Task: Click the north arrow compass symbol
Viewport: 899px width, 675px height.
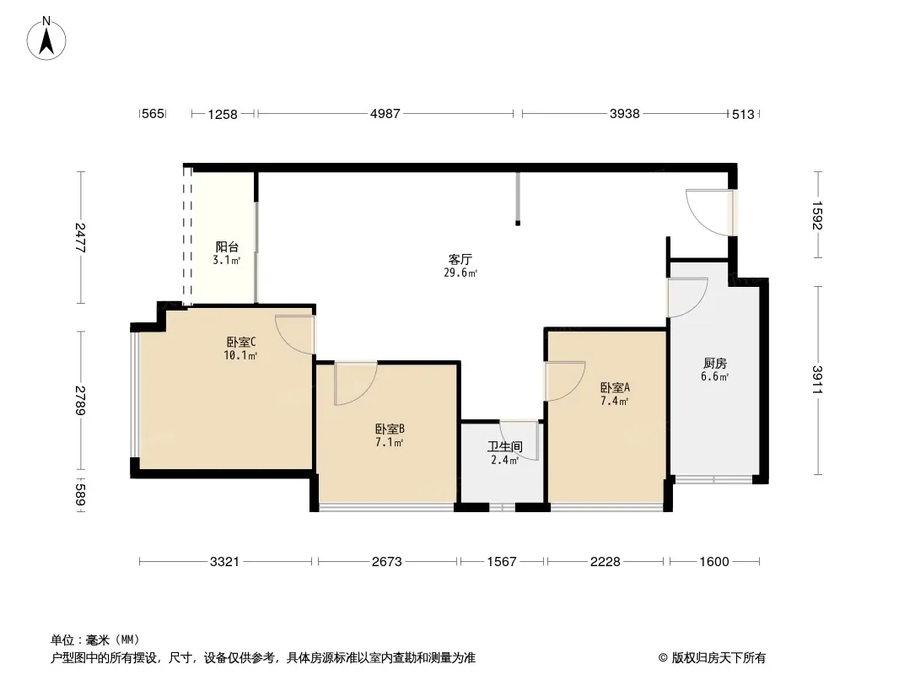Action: tap(46, 39)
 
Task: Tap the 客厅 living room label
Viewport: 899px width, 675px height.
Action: tap(460, 259)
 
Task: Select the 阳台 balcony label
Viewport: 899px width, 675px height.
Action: tap(227, 246)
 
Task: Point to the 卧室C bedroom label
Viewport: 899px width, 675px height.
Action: tap(241, 342)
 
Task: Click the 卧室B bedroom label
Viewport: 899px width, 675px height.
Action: tap(390, 429)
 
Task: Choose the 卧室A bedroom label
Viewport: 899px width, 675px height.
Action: tap(615, 387)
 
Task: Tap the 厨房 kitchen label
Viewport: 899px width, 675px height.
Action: tap(715, 363)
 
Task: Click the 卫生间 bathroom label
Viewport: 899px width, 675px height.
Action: tap(505, 446)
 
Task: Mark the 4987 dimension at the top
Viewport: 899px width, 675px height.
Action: tap(385, 114)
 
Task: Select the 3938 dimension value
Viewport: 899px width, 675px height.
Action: tap(624, 114)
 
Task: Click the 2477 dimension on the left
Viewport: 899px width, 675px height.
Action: tap(80, 238)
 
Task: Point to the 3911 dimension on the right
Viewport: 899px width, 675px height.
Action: tap(817, 380)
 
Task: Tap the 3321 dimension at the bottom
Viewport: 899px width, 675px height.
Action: tap(224, 561)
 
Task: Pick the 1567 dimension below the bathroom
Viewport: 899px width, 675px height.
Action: tap(502, 561)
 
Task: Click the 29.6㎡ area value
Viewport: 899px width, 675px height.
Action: tap(460, 273)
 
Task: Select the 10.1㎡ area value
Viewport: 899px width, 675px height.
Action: tap(241, 355)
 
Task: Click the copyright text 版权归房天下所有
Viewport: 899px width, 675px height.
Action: tap(718, 658)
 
